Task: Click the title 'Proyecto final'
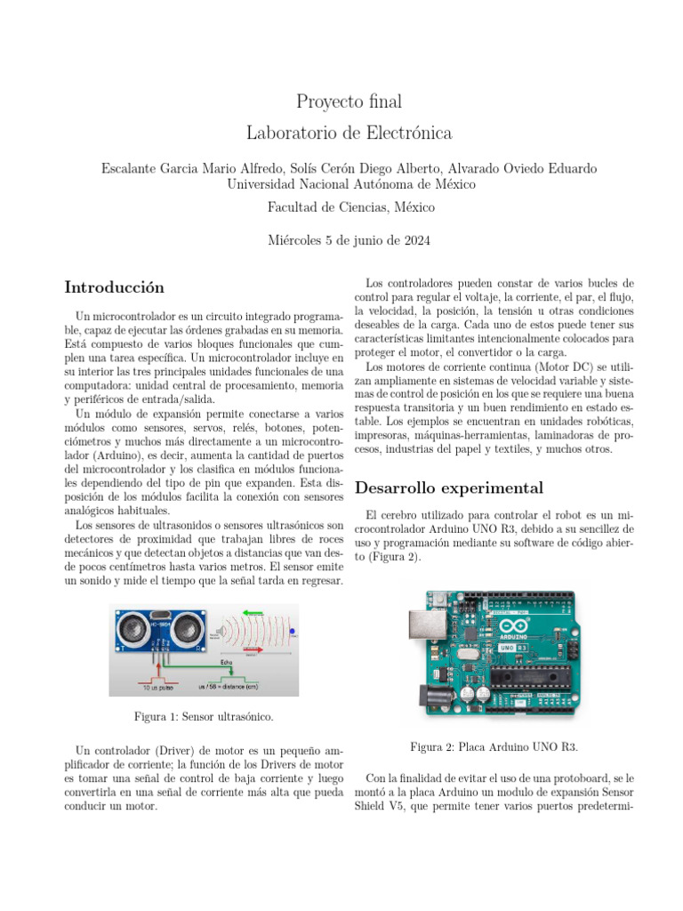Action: tap(341, 101)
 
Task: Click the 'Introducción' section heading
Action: tap(115, 287)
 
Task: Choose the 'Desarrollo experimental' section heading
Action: tap(448, 488)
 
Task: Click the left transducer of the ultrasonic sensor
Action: tap(133, 630)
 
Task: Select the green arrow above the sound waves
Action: tap(253, 612)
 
